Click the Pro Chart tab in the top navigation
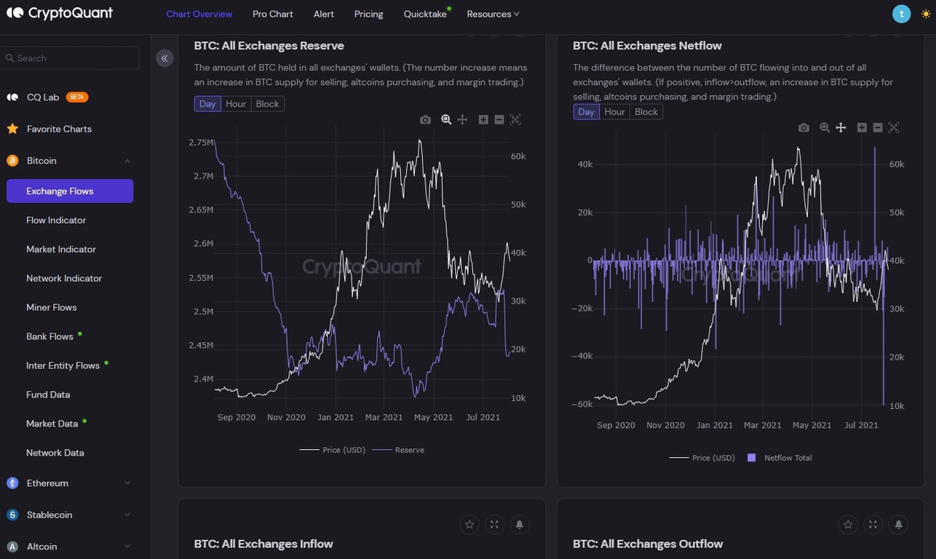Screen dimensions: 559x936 click(272, 14)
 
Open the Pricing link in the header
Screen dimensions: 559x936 click(368, 14)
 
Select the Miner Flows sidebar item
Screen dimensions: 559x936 click(51, 307)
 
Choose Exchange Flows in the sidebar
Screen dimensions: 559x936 click(69, 191)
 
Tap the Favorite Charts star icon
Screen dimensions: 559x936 click(12, 129)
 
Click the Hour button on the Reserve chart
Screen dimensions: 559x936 click(236, 104)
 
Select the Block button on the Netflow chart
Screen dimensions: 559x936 click(646, 112)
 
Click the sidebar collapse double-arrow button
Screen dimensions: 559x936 click(164, 58)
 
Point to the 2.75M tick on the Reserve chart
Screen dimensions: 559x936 click(200, 143)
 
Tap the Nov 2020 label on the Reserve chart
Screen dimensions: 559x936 click(286, 417)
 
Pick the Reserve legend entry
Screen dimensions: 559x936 click(409, 450)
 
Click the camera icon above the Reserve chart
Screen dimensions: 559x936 click(425, 119)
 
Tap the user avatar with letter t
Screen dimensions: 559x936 click(901, 14)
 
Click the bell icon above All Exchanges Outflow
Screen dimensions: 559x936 click(898, 524)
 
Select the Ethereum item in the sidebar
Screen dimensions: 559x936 click(47, 483)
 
